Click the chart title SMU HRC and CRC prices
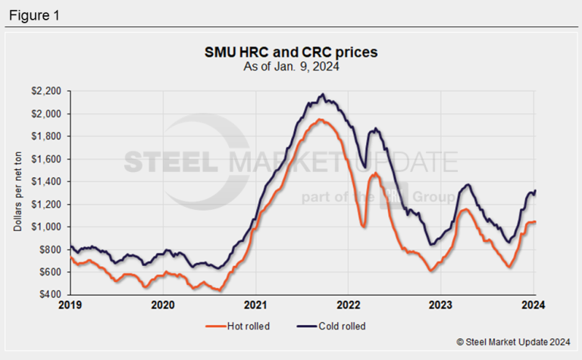[291, 53]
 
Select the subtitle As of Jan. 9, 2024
[291, 66]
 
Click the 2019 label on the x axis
[70, 306]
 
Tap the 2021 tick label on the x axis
[255, 306]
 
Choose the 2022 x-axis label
[348, 306]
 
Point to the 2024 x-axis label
[533, 306]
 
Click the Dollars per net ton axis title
[17, 193]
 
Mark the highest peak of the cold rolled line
[323, 95]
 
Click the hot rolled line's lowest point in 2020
[220, 290]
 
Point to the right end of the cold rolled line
[535, 190]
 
